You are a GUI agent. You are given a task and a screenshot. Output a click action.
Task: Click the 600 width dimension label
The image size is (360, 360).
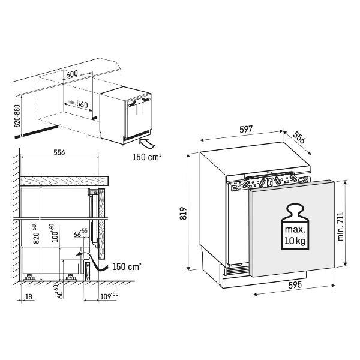pos(72,74)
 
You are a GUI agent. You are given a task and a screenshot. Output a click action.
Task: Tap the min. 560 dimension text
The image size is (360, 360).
pos(77,104)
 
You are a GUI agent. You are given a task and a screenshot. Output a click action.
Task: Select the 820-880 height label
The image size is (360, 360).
pos(17,116)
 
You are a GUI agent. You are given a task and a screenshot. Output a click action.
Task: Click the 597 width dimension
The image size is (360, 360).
pos(246,129)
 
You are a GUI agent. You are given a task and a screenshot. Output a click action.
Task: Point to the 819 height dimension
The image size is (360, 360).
pos(183,213)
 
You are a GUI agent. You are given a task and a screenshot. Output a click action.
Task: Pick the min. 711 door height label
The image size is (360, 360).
pos(341,226)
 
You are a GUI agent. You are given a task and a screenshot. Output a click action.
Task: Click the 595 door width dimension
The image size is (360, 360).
pos(295,285)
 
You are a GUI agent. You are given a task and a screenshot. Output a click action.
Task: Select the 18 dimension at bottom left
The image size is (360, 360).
pos(29,296)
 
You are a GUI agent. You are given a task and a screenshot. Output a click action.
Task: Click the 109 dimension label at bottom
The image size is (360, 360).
pos(109,296)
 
